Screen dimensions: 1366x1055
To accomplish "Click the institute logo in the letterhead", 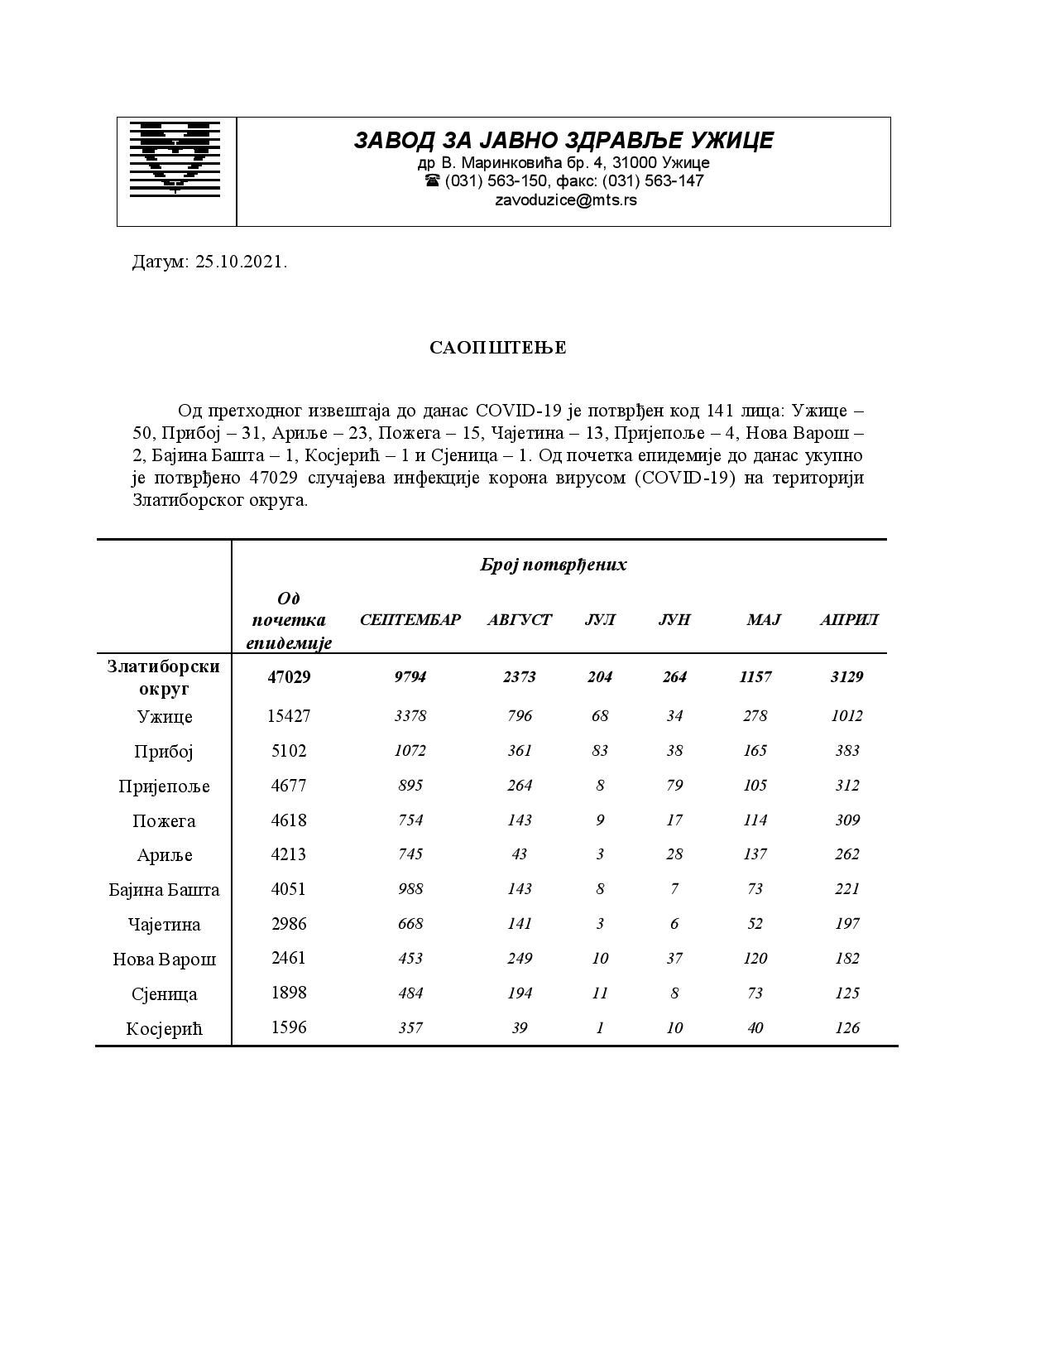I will (175, 158).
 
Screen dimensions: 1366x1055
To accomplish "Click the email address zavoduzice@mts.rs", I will (566, 200).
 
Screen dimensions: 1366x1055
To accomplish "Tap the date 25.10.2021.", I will (241, 262).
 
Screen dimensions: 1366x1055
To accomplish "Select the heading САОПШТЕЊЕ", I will (498, 348).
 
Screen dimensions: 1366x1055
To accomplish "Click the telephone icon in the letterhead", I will (432, 181).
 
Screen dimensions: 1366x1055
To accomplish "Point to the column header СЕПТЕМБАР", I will (410, 619).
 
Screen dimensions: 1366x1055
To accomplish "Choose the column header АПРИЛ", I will (849, 619).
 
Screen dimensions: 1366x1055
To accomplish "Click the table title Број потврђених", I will (554, 565).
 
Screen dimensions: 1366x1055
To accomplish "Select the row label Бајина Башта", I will (164, 890).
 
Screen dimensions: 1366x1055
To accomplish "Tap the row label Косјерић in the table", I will (164, 1029).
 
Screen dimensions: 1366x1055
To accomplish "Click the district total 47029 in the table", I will (289, 677).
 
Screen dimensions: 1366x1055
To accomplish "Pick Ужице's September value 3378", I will (410, 716).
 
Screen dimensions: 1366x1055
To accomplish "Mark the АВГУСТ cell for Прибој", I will (520, 751).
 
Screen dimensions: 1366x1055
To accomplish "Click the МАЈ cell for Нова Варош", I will (755, 959).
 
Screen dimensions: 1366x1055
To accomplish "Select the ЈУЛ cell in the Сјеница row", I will (600, 993).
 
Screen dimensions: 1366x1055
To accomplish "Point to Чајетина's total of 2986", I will (289, 924).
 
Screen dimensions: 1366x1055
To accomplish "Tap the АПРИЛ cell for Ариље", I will (847, 854).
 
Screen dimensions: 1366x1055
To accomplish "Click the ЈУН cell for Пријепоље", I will (674, 786).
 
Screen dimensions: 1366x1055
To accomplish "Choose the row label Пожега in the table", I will (164, 821).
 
